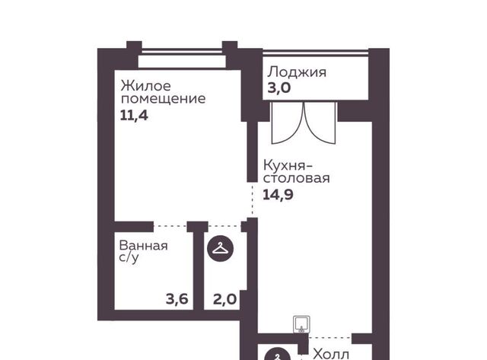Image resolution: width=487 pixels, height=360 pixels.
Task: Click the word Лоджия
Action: (297, 72)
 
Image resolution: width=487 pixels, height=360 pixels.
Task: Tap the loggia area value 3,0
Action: (279, 88)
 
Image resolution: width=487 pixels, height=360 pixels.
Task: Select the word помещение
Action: (163, 99)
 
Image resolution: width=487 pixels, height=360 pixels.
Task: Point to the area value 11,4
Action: (134, 116)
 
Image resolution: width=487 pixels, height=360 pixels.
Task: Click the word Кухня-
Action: (288, 166)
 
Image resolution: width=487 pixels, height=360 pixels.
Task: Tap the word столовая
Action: (296, 179)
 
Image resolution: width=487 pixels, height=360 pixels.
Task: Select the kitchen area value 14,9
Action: (278, 195)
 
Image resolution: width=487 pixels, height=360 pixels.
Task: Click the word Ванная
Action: (143, 246)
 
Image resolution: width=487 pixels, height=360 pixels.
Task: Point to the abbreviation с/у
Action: (129, 258)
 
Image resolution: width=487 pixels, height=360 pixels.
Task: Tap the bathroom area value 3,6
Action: (177, 299)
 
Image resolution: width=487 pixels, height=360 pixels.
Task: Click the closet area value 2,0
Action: (225, 299)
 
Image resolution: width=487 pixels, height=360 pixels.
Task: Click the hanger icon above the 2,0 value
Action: (221, 248)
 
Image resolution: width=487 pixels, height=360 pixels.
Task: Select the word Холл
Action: (331, 354)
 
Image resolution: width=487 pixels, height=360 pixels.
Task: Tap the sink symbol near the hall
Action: (302, 324)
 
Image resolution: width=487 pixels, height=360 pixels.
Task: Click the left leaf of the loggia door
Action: (287, 123)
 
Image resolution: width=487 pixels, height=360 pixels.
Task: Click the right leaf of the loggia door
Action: (320, 123)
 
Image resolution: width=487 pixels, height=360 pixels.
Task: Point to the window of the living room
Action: (182, 52)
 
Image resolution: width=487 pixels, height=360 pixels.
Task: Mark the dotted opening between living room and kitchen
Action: (252, 199)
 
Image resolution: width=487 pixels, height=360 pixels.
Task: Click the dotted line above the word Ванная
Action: (170, 226)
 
